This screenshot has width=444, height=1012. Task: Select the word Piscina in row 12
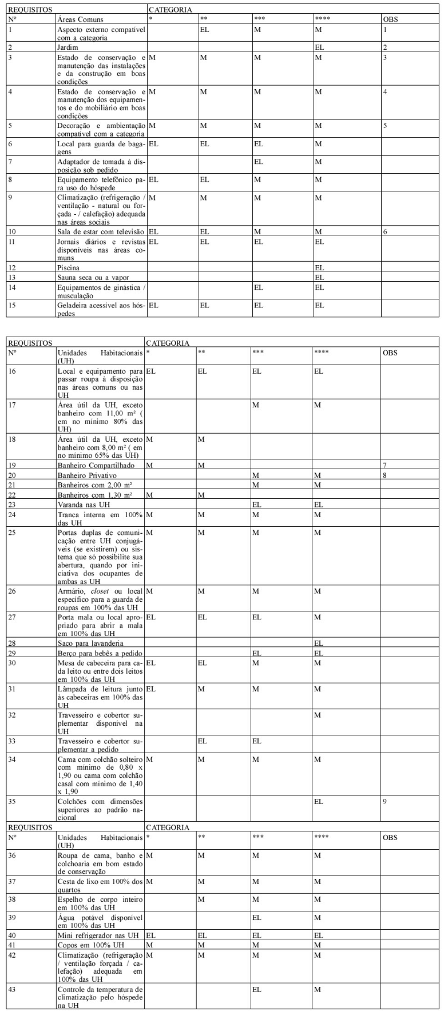(x=69, y=267)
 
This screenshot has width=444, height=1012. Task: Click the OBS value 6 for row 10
(x=386, y=231)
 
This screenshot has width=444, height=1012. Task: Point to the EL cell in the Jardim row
(x=319, y=47)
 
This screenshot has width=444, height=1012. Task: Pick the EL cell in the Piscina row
(x=319, y=267)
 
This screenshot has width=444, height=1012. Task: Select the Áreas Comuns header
(x=81, y=19)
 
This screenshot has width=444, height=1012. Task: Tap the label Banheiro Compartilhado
(x=96, y=465)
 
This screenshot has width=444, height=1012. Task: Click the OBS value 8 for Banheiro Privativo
(x=386, y=475)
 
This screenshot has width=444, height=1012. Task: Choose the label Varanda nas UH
(x=84, y=505)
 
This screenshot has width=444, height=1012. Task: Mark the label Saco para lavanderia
(x=90, y=643)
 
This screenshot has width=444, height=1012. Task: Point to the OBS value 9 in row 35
(x=386, y=801)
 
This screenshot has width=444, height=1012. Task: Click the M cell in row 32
(x=318, y=715)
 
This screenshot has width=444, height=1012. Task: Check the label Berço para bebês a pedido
(x=100, y=653)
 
